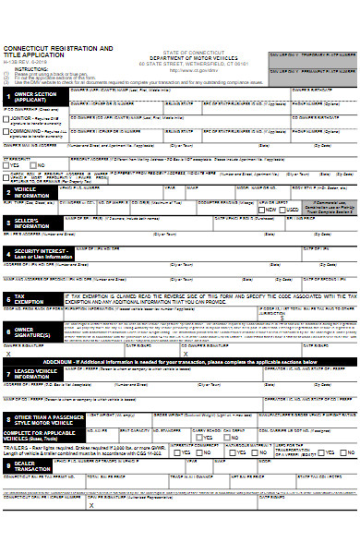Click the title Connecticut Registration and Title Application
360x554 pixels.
[58, 51]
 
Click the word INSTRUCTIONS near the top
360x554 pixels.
[32, 69]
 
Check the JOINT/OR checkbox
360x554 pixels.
[5, 118]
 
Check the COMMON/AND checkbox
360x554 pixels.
[5, 132]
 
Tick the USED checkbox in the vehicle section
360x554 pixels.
[282, 210]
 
